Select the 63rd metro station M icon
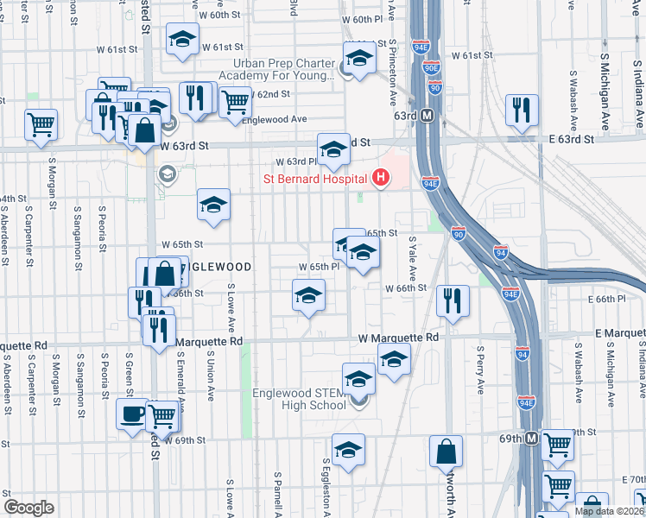point(427,116)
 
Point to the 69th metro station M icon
point(532,439)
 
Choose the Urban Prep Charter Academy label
point(282,70)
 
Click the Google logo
point(28,508)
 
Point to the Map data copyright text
point(609,511)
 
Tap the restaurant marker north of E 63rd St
point(521,110)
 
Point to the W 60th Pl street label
point(362,19)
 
